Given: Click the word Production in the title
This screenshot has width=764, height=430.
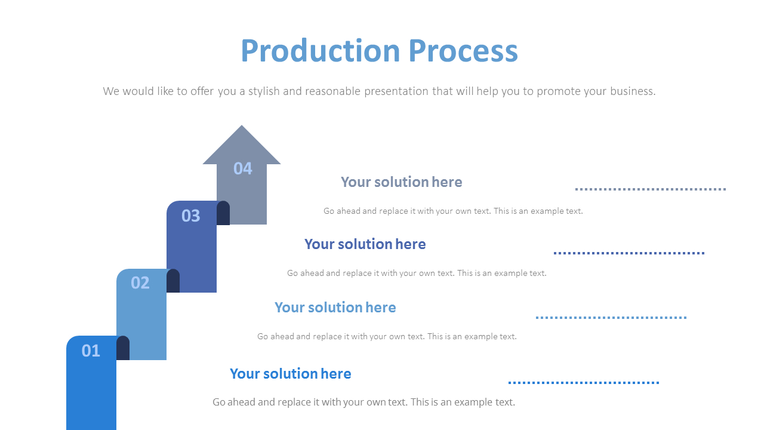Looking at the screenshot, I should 320,51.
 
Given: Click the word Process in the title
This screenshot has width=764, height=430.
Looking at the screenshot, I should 463,51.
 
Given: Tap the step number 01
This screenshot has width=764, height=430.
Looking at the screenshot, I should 91,351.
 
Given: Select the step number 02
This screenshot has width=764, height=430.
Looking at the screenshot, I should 140,282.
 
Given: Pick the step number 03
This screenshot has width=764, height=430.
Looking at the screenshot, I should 190,216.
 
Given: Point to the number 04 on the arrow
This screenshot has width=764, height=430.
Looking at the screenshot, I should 242,169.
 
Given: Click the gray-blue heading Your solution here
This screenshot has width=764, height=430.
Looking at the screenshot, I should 401,182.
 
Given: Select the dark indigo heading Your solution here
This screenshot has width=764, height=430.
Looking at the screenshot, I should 365,244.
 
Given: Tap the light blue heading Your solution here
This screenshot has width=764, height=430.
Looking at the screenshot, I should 335,308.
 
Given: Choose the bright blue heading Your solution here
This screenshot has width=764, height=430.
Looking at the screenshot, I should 290,374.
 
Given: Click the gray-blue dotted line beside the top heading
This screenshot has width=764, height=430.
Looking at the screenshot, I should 650,189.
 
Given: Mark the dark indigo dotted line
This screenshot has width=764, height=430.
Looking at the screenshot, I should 629,253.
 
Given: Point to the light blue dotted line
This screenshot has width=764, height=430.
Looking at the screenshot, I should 611,318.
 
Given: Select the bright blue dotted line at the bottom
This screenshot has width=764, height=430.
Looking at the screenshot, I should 583,383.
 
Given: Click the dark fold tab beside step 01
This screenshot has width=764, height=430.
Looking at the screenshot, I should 123,348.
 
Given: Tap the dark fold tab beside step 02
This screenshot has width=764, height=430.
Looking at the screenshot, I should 173,281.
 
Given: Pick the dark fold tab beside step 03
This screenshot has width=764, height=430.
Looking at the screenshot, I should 223,213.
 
